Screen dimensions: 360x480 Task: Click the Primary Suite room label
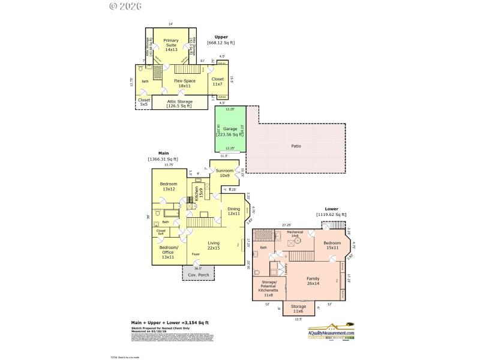coord(171,45)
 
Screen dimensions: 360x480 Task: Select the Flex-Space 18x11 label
coord(185,83)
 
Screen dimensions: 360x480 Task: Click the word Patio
coord(296,146)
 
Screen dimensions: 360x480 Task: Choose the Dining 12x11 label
coord(233,211)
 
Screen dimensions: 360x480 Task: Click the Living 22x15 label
coord(213,245)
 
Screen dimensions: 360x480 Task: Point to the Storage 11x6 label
coord(299,309)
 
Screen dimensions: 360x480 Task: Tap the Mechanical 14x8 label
coord(295,233)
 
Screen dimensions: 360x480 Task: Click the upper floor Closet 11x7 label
coord(218,81)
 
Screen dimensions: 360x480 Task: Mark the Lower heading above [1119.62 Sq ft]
coord(331,209)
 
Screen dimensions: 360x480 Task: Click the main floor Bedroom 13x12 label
coord(169,186)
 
